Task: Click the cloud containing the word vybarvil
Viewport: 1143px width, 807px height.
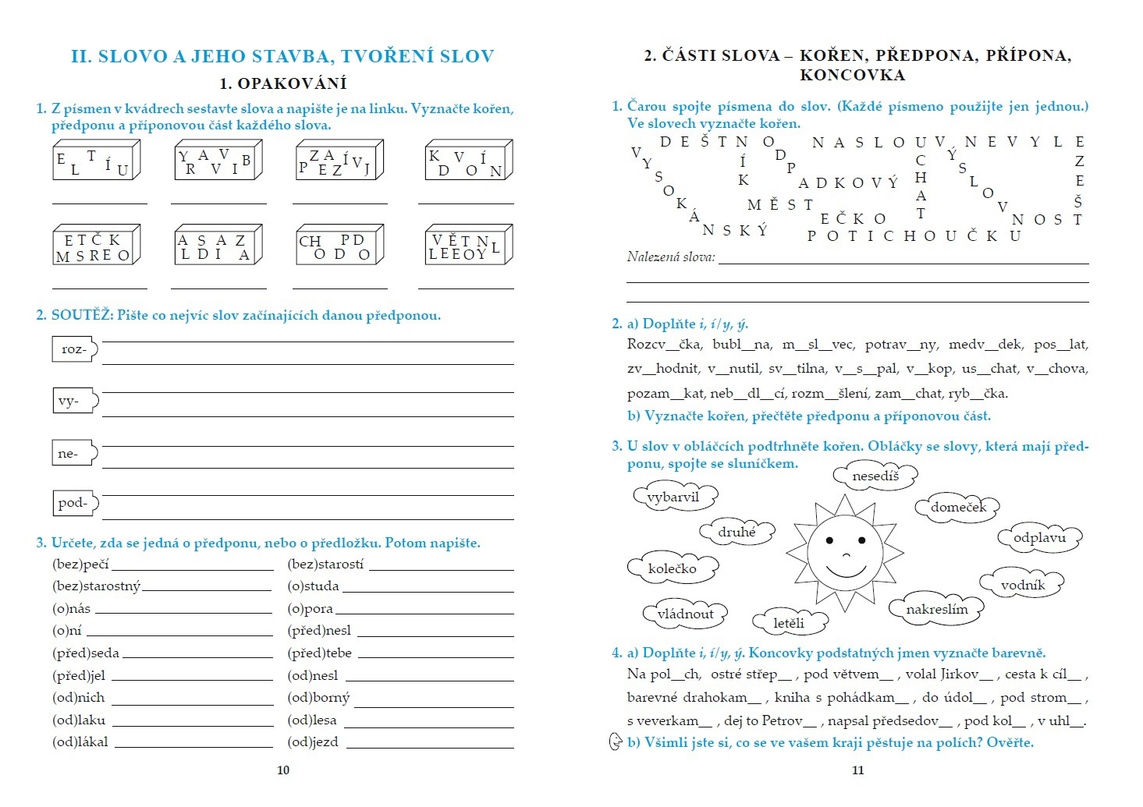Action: click(x=673, y=497)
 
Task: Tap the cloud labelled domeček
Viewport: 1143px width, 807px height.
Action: click(x=957, y=507)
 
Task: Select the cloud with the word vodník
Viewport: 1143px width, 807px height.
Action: click(x=1022, y=584)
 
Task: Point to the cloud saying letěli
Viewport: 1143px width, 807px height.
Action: click(x=789, y=622)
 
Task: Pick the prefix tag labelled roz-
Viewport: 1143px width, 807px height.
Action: click(x=74, y=349)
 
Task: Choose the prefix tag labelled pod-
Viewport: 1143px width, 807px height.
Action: click(x=74, y=503)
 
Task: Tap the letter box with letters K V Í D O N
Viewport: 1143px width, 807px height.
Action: click(x=467, y=162)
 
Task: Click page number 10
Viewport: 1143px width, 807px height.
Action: click(x=283, y=770)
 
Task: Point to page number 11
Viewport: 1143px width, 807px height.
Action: click(x=857, y=770)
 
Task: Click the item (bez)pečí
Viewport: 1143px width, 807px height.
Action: click(x=80, y=564)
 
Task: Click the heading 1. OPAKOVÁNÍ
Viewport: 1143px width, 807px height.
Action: click(x=282, y=83)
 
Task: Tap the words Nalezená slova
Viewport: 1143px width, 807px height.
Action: click(x=671, y=257)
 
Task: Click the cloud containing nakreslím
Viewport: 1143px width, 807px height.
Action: click(x=936, y=609)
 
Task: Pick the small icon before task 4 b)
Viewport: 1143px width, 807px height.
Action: click(x=615, y=742)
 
